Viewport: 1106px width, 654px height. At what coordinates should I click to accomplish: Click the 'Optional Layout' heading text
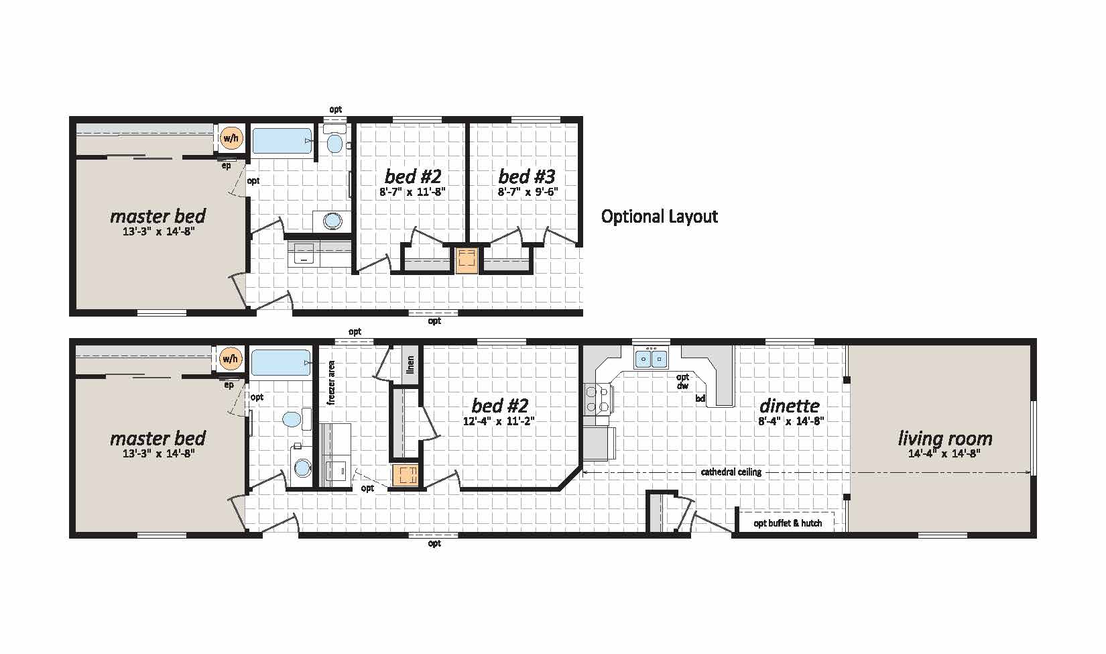[659, 217]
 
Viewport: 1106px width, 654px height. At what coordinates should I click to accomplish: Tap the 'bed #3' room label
[527, 176]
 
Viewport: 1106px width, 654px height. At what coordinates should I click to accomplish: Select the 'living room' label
[945, 438]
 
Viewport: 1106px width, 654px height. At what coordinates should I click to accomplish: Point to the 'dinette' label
[790, 406]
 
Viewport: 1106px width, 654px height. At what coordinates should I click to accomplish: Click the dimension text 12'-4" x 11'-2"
[499, 421]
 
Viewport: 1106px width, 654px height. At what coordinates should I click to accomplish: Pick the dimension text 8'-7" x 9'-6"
[528, 192]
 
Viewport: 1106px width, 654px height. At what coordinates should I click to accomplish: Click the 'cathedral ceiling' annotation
[731, 472]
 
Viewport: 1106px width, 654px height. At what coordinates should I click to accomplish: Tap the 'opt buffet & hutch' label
[788, 523]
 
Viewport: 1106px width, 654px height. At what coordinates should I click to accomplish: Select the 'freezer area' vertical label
[331, 383]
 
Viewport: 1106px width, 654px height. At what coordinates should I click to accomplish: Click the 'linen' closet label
[410, 364]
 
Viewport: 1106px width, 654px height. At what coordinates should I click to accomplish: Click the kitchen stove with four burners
[599, 400]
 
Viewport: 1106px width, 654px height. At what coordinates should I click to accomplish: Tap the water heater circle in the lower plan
[230, 359]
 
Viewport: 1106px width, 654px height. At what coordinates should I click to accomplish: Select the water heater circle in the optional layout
[231, 138]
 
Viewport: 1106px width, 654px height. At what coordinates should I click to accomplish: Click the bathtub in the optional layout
[282, 142]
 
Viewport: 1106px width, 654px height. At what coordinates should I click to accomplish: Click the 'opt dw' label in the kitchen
[683, 382]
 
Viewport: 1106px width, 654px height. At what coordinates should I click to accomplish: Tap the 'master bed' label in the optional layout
[158, 216]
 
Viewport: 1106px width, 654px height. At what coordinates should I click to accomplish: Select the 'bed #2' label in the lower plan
[499, 406]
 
